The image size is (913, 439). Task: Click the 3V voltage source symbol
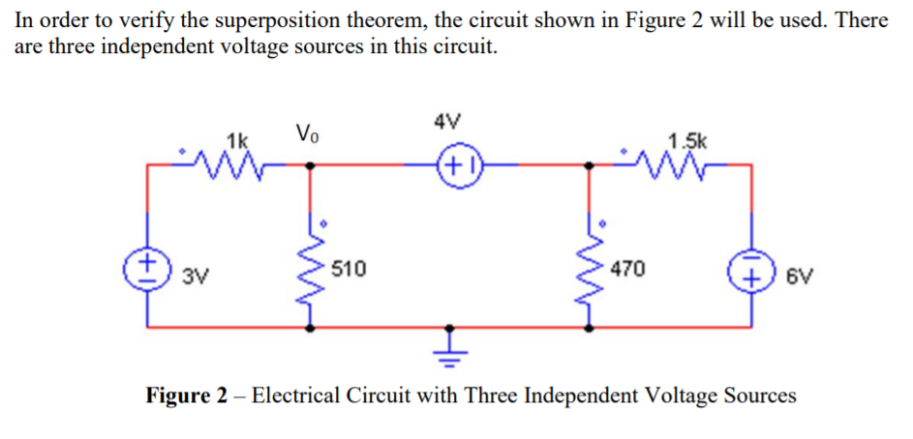pyautogui.click(x=148, y=262)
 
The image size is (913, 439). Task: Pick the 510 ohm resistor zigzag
pyautogui.click(x=310, y=269)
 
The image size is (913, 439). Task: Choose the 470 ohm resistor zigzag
pyautogui.click(x=590, y=269)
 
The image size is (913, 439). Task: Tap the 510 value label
pyautogui.click(x=350, y=269)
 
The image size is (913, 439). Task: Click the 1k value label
pyautogui.click(x=235, y=138)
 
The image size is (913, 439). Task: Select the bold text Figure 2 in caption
pyautogui.click(x=188, y=396)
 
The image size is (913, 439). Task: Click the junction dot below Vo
pyautogui.click(x=310, y=164)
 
